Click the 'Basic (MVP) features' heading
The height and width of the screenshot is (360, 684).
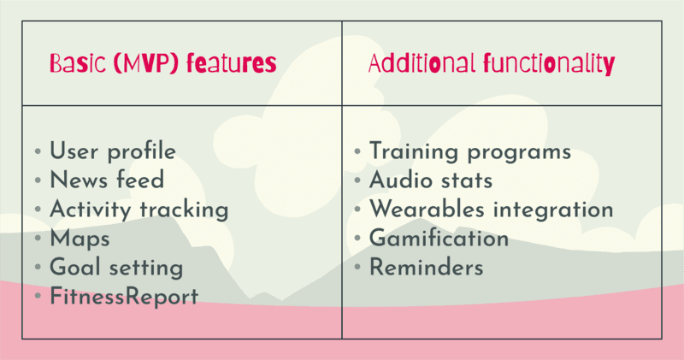coord(162,64)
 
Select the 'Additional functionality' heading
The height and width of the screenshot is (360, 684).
coord(491,64)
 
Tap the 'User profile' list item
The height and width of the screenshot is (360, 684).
coord(113,152)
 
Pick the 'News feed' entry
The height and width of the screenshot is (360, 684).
coord(107,180)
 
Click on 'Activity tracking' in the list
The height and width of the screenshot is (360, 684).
coord(139,210)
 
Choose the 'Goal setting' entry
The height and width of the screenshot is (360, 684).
coord(116,267)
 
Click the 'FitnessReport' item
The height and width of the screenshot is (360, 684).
coord(123,296)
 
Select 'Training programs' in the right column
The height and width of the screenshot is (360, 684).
coord(469,152)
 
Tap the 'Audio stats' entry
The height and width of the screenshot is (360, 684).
coord(431,180)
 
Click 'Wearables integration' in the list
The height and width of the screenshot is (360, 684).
coord(491,210)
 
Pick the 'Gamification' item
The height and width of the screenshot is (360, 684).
coord(439,239)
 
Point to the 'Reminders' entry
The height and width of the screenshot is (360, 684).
coord(427,267)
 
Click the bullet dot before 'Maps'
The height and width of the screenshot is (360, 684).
coord(37,239)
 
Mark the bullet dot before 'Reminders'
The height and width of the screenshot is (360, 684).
coord(357,268)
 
